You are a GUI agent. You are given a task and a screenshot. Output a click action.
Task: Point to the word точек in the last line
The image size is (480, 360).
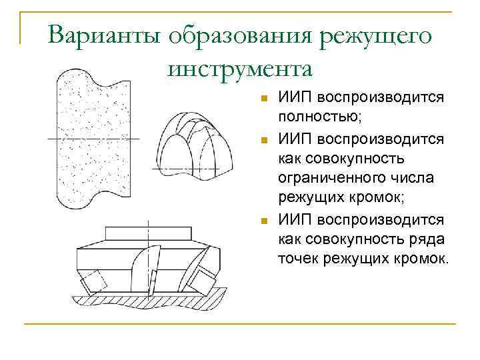(x=298, y=258)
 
